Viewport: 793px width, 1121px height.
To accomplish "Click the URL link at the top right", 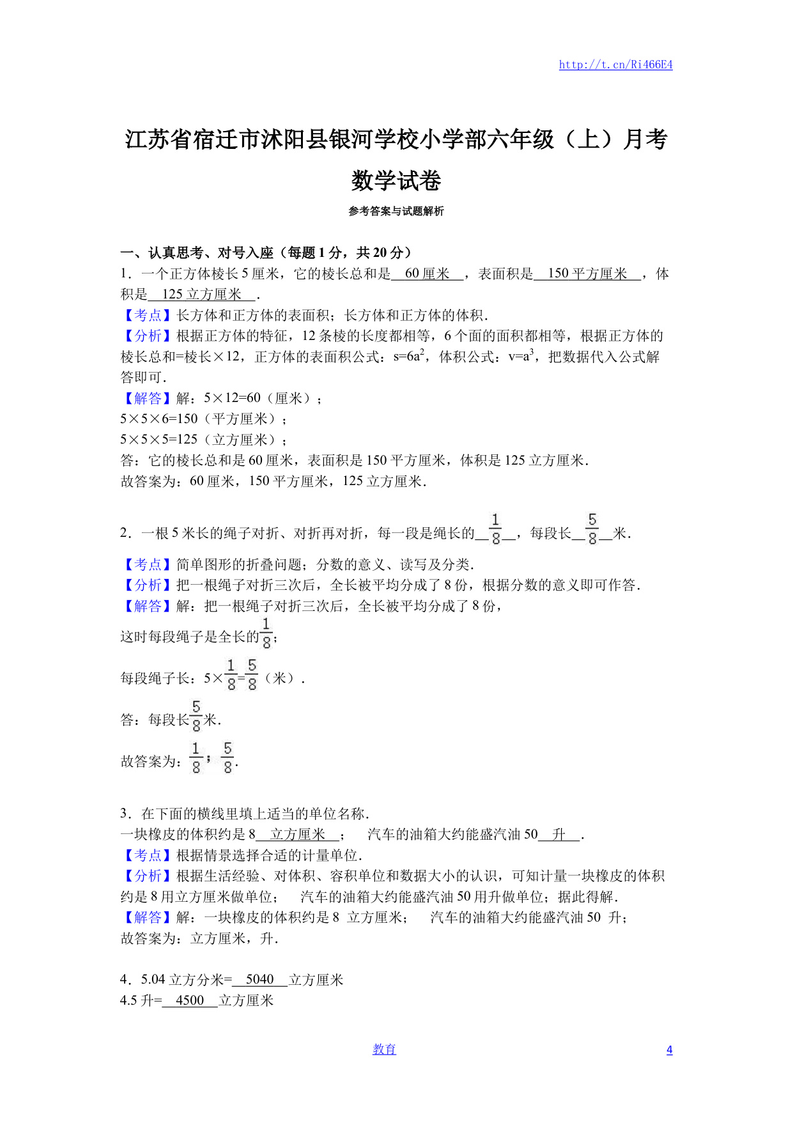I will click(x=615, y=65).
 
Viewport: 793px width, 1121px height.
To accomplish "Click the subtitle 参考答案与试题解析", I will click(x=396, y=211).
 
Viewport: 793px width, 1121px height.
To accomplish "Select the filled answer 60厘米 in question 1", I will click(x=427, y=274).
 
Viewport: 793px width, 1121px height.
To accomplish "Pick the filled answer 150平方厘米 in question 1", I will click(x=587, y=274).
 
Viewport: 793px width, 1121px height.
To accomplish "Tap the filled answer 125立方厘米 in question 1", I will click(x=202, y=294).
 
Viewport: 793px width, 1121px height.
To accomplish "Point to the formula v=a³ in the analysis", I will click(x=521, y=356).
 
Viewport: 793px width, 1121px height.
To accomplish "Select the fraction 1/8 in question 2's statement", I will click(x=496, y=529).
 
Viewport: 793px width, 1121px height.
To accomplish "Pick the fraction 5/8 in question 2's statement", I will click(x=592, y=529).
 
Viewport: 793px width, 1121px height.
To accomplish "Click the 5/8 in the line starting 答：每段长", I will click(x=196, y=716).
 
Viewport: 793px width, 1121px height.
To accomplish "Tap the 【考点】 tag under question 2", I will click(x=148, y=564).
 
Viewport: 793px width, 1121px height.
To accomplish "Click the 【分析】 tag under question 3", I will click(x=148, y=876).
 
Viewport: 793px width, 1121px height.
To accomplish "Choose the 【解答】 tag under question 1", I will click(x=148, y=398).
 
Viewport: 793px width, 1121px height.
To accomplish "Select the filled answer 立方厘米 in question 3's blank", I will click(x=298, y=834).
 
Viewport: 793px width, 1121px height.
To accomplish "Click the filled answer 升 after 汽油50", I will click(x=559, y=834).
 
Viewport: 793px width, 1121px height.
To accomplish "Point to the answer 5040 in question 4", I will click(x=259, y=979).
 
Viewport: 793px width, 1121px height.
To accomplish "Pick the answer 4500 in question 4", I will click(x=190, y=1000).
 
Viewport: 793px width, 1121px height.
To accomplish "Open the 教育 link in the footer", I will click(x=384, y=1049).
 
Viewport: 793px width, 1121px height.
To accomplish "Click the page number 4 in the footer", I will click(x=669, y=1049).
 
